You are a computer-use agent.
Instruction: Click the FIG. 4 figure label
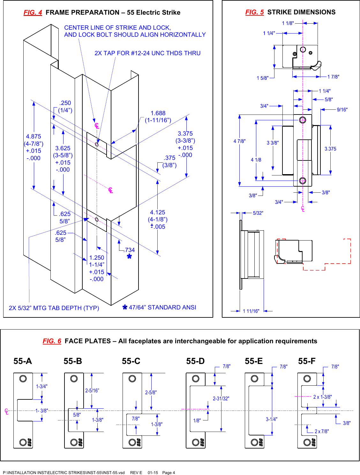(33, 12)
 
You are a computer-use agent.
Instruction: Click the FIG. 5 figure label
(254, 12)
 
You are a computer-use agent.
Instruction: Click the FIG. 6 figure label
(52, 341)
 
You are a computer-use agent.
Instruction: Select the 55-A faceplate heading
(23, 361)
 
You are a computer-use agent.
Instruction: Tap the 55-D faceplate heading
(195, 361)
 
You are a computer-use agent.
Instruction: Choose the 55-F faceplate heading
(307, 361)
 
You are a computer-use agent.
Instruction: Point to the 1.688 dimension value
(158, 113)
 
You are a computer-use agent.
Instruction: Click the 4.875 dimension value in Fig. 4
(34, 137)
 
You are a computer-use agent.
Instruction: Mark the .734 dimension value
(130, 250)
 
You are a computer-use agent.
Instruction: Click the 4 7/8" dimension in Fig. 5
(239, 141)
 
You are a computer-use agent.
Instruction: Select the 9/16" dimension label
(342, 110)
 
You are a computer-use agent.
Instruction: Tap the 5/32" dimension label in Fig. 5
(258, 213)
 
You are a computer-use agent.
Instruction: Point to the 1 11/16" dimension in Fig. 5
(251, 311)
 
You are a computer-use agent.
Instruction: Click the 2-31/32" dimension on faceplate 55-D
(221, 398)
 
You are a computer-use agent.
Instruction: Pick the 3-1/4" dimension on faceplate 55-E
(272, 419)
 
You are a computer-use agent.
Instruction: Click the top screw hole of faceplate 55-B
(74, 379)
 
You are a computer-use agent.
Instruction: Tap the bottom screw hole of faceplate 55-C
(132, 442)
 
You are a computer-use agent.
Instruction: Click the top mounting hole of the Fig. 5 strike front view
(303, 120)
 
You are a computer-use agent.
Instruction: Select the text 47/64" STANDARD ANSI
(162, 308)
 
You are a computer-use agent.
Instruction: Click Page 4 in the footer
(169, 473)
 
